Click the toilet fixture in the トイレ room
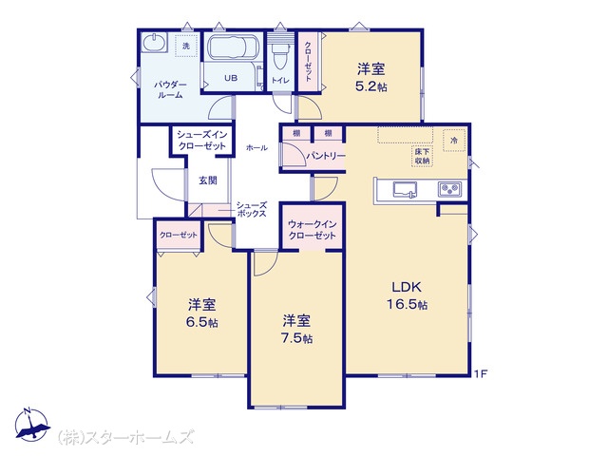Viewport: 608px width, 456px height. pos(279,55)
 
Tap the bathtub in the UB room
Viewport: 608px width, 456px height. pos(232,47)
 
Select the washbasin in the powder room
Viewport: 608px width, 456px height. pos(154,42)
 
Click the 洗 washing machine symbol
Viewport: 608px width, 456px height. pos(186,46)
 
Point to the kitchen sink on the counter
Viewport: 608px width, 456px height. pos(405,190)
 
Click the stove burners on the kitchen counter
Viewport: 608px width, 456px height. pos(449,189)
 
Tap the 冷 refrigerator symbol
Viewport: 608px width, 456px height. pos(454,140)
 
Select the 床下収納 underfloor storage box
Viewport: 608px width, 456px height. pos(422,156)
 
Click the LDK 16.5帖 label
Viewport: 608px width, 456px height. pos(408,295)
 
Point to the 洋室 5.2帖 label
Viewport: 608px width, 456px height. pos(371,78)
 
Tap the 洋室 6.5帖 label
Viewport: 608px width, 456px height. pos(202,313)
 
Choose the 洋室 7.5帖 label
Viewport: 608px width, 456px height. pos(296,330)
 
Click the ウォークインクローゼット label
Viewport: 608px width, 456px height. pos(313,230)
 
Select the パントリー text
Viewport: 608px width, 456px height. pos(325,156)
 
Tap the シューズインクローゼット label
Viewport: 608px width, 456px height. pos(201,141)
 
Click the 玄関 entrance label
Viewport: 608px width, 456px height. pos(208,180)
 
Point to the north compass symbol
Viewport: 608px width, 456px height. pos(31,425)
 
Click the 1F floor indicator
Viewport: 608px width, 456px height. pos(481,373)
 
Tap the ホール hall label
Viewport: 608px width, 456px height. pos(256,148)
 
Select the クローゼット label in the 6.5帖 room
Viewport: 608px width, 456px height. pos(179,235)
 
